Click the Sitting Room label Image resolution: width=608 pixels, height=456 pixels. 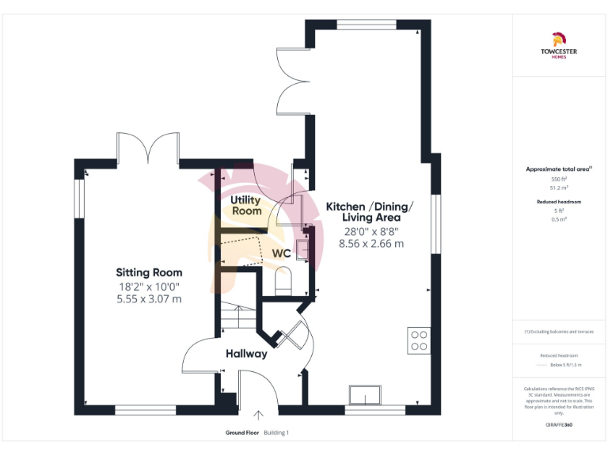point(150,272)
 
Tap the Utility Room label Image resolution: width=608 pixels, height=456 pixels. point(246,206)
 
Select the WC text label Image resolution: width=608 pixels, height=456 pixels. point(282,253)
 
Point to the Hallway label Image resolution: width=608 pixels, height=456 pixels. point(246,354)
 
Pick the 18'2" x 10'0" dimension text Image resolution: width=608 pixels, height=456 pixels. point(150,286)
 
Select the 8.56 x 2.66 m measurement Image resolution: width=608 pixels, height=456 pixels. point(370,244)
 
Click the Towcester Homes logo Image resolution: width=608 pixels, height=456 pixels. point(559,43)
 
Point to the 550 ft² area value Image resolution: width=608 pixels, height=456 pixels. point(560,180)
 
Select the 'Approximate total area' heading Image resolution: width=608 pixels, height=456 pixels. point(559,169)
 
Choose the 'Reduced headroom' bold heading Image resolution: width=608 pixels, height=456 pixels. point(560,202)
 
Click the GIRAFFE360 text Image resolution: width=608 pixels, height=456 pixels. point(560,425)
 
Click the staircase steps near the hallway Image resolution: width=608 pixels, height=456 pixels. point(235,317)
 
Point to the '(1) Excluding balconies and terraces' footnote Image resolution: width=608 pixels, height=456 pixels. point(559,332)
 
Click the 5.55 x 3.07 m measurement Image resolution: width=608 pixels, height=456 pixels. point(150,298)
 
